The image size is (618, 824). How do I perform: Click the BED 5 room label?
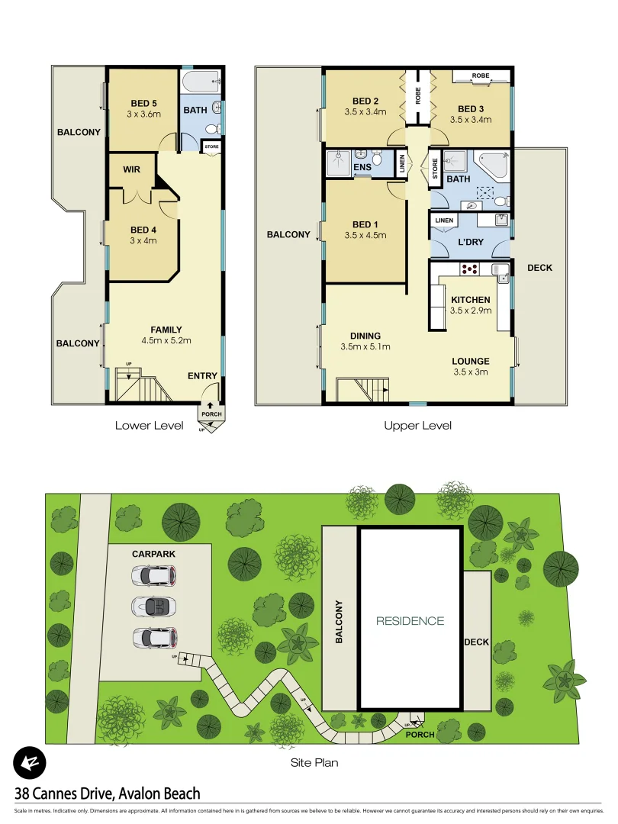tap(143, 103)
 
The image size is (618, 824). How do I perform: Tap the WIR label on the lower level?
tap(131, 169)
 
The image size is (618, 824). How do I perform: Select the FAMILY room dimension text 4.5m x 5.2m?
tap(165, 340)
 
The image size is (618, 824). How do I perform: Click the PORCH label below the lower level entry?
tap(211, 414)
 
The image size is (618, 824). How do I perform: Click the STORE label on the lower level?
tap(211, 145)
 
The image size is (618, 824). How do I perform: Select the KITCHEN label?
tap(471, 300)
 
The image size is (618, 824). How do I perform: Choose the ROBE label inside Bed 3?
tap(480, 76)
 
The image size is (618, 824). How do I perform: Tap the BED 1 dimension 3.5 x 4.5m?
tap(365, 235)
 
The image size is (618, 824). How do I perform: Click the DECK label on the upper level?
tap(539, 268)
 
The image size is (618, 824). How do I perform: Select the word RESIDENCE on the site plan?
tap(410, 621)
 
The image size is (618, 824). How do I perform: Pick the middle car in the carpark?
tap(153, 607)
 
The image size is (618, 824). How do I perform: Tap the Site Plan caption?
tap(314, 762)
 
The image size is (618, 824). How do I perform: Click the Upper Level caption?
tap(417, 426)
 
